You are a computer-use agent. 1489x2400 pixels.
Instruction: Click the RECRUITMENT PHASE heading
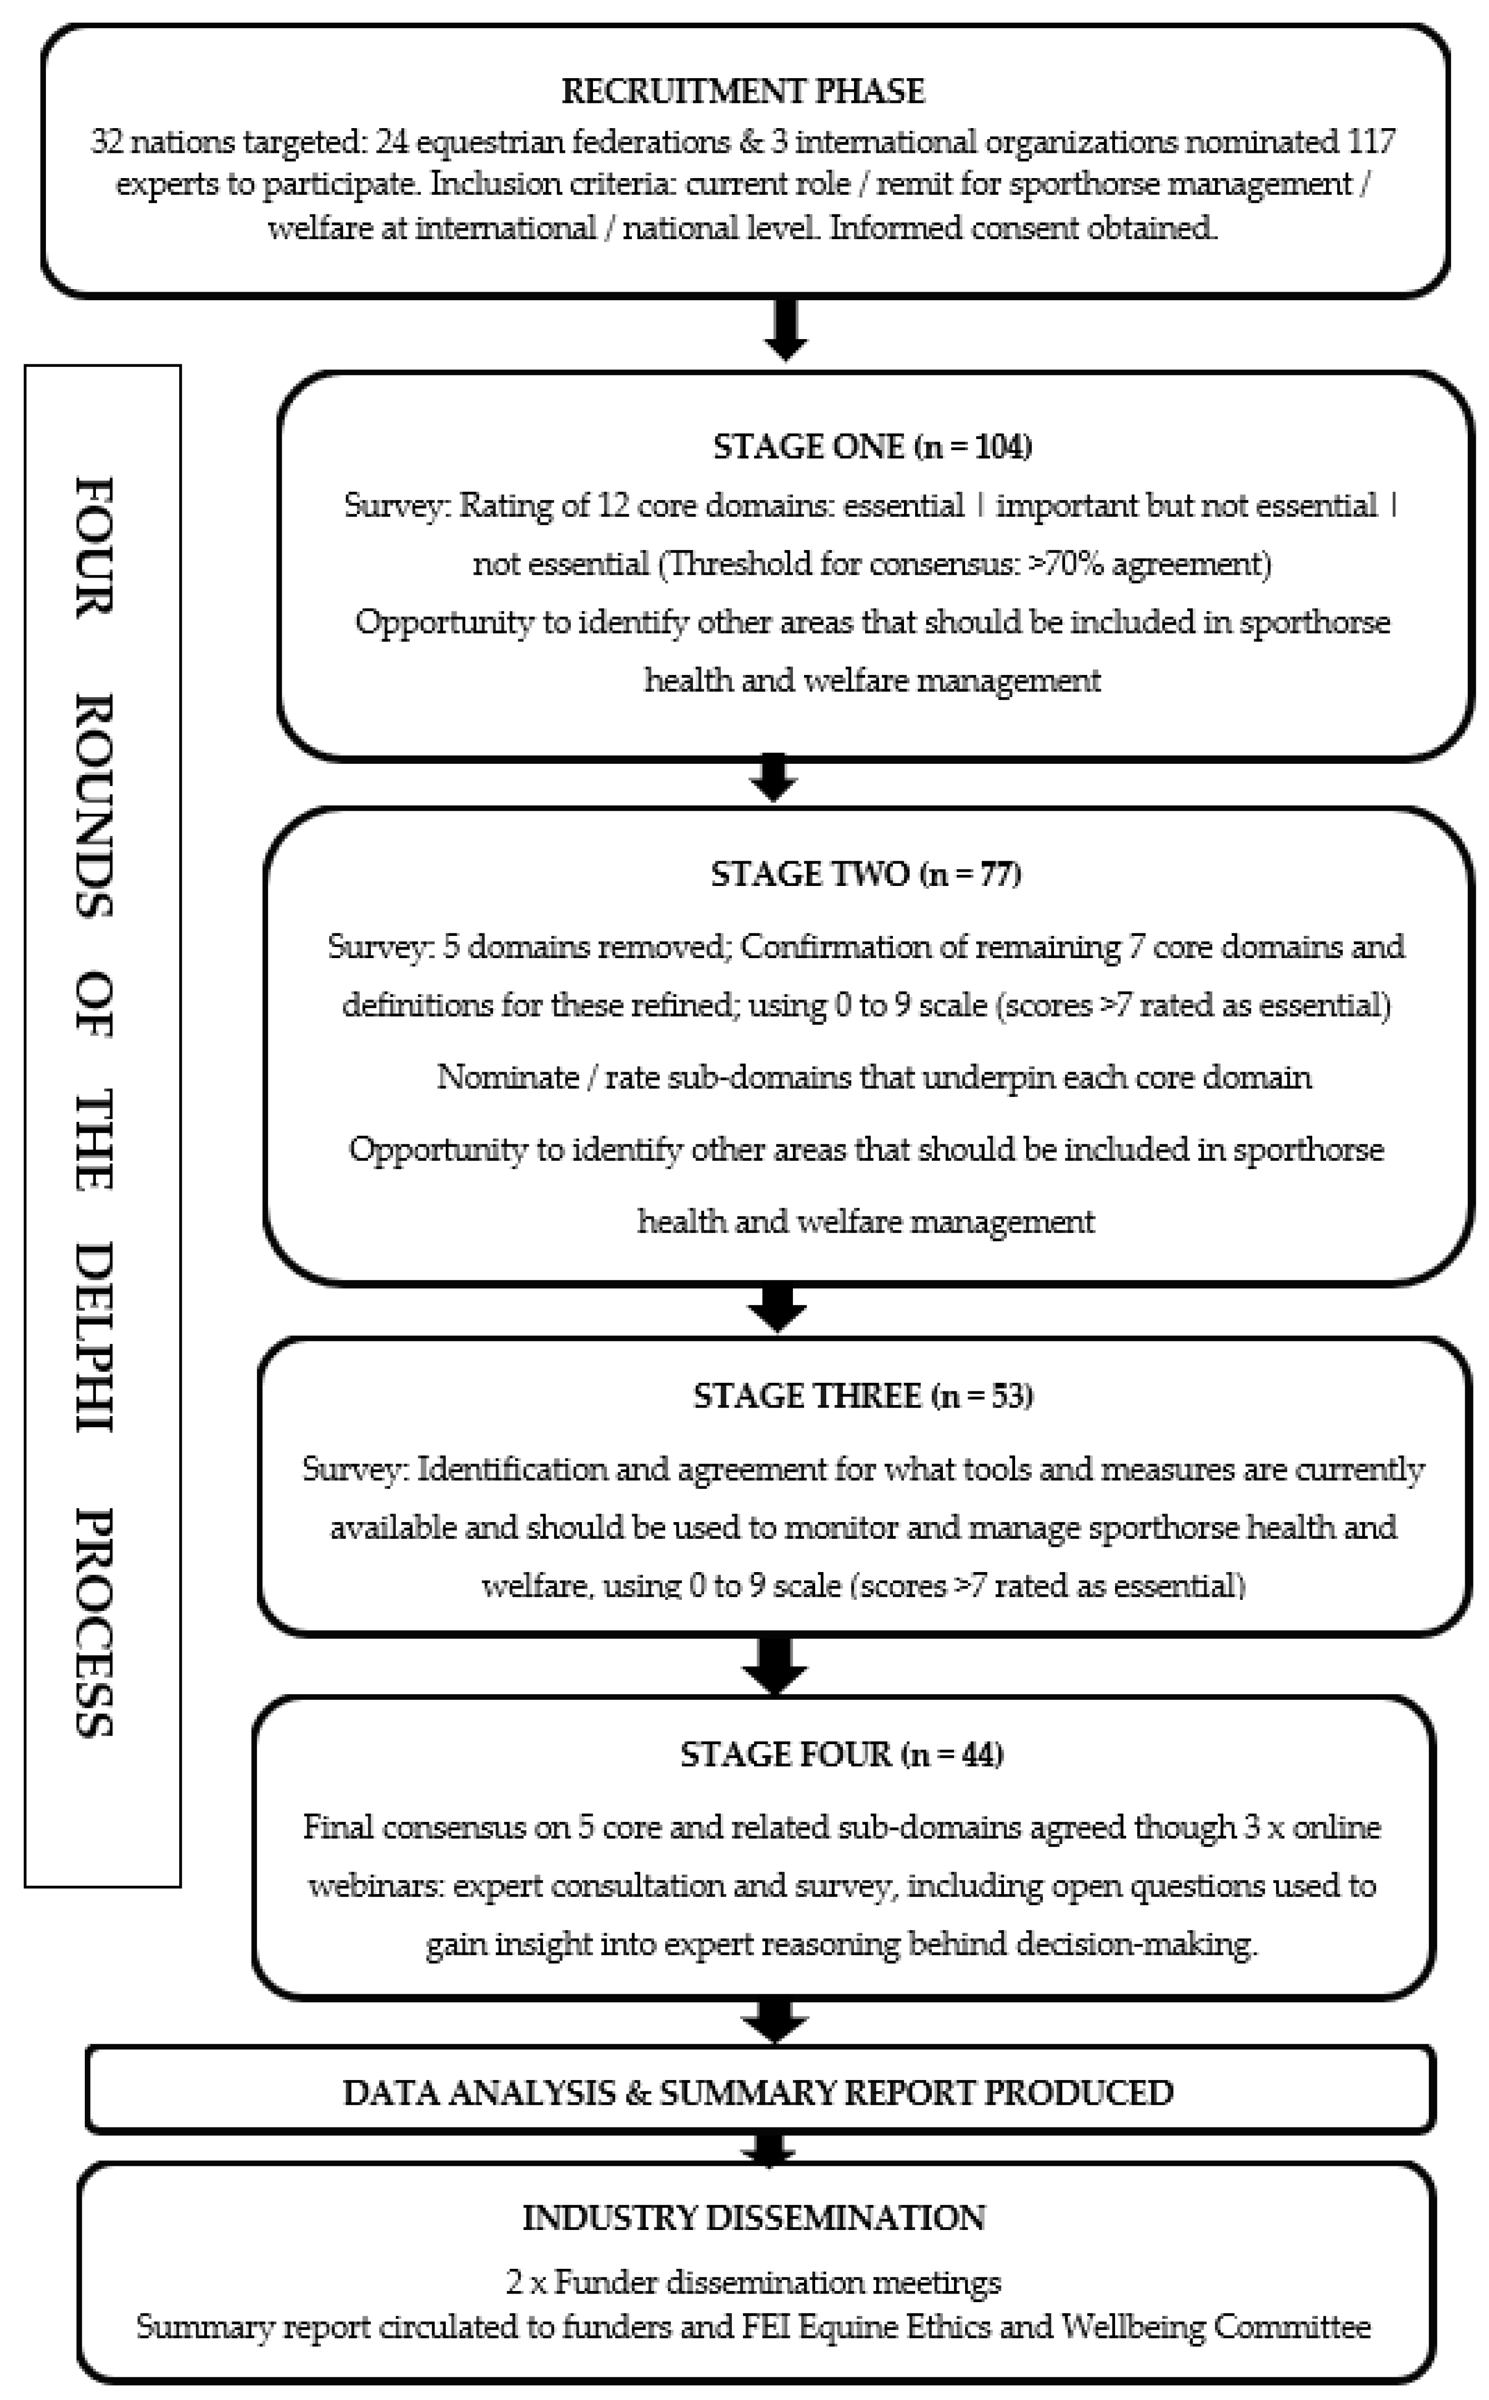pos(743,91)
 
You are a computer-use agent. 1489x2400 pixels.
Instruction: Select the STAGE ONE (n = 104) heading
pos(872,447)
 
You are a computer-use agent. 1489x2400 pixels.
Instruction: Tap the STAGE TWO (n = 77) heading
pos(866,874)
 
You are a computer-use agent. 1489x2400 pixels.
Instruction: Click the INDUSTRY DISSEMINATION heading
pos(754,2218)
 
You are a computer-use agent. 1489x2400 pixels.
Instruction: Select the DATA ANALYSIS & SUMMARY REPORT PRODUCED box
pos(758,2092)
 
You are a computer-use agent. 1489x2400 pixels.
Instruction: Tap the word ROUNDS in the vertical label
pos(95,805)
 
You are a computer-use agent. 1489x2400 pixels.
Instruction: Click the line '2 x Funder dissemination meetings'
pos(754,2282)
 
